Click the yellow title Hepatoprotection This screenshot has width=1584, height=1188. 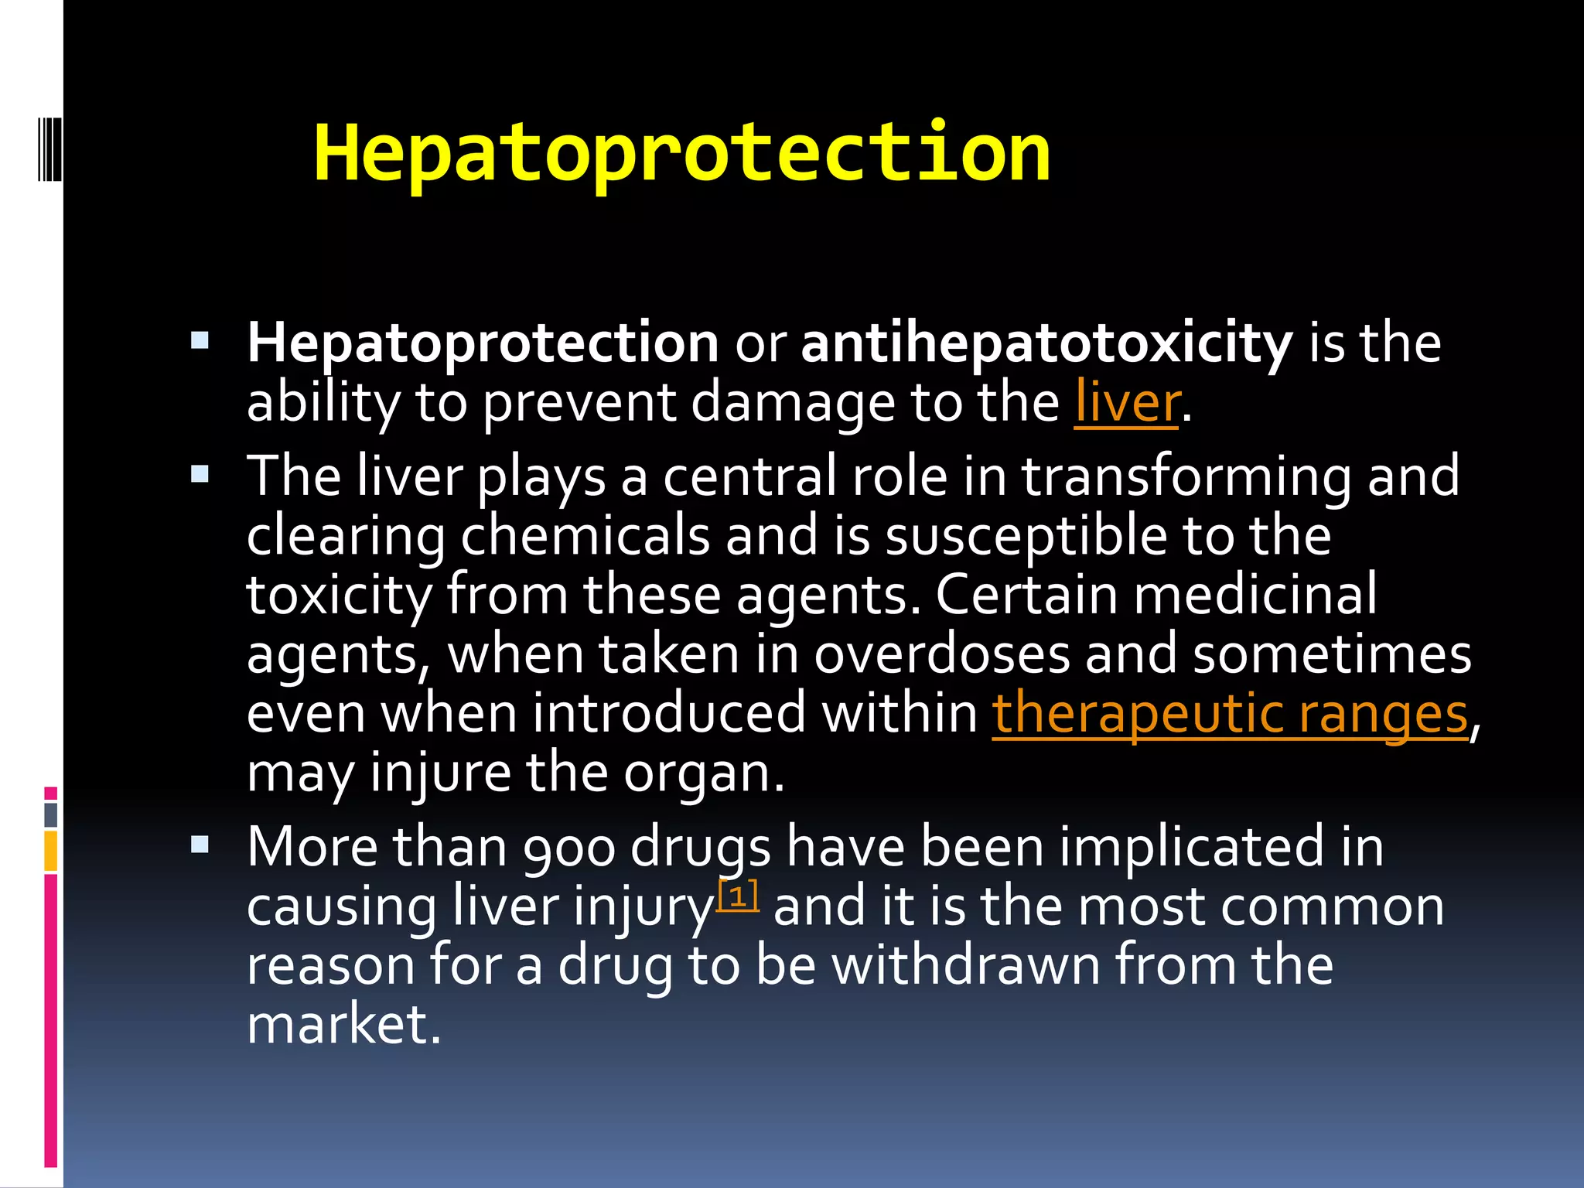click(681, 153)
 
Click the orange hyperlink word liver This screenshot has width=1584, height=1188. click(1126, 402)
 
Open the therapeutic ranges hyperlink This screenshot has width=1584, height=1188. click(1230, 713)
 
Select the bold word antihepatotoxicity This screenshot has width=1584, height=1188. click(1046, 343)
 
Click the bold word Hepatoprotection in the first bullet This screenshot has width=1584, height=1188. click(483, 343)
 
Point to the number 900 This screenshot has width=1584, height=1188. click(568, 848)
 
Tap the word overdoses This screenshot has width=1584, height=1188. click(941, 654)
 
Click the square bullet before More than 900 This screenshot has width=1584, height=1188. click(200, 844)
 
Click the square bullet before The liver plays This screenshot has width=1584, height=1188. click(200, 473)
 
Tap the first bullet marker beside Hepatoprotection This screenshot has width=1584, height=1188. click(200, 339)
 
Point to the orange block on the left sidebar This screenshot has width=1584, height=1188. click(51, 851)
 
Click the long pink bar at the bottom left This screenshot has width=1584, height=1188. click(51, 1021)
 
